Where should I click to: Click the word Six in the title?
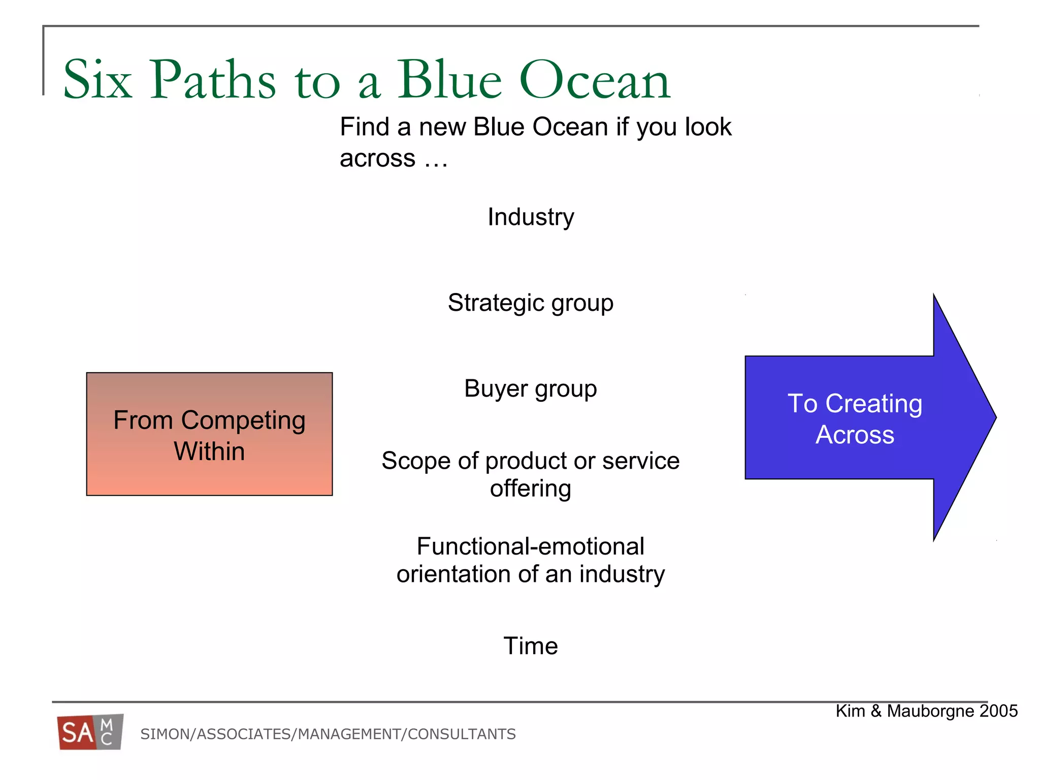point(97,80)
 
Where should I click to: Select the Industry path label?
point(531,217)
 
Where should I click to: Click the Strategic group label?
point(530,303)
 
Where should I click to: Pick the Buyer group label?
point(530,389)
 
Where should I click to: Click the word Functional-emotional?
point(530,547)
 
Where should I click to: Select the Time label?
point(530,646)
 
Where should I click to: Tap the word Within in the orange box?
point(209,451)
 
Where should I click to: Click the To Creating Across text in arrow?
point(855,419)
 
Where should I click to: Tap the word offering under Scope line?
point(530,489)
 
